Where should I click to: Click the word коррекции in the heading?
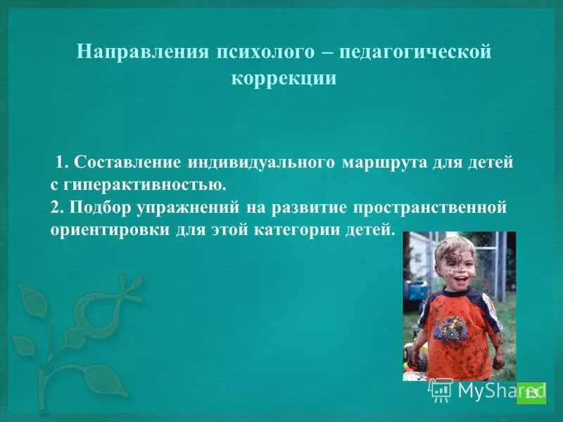(284, 78)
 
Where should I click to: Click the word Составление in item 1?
(127, 162)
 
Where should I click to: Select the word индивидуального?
(260, 162)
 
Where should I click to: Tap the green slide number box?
(531, 392)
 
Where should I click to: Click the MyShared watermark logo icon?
(441, 389)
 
